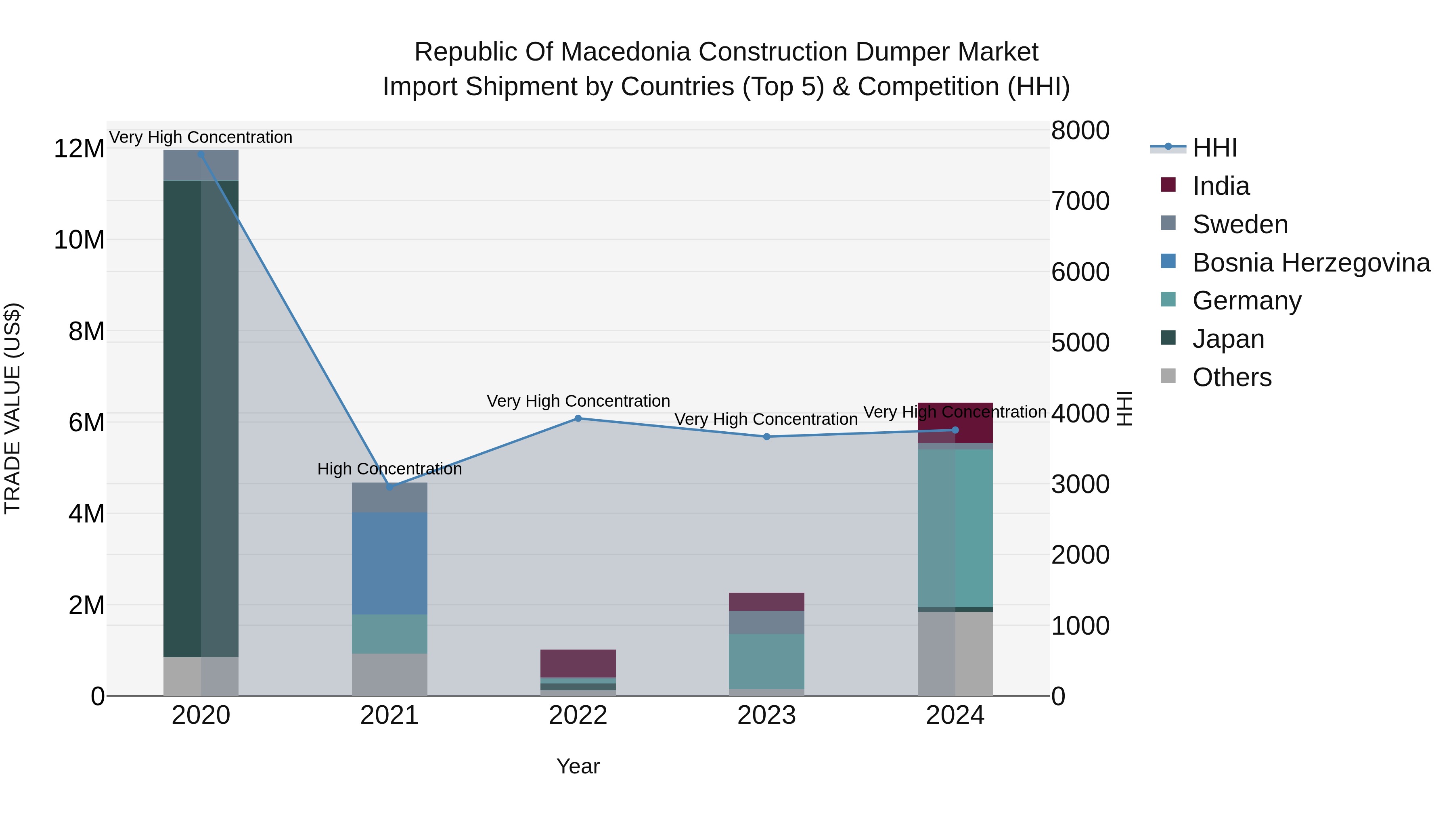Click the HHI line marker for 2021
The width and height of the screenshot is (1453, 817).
tap(389, 487)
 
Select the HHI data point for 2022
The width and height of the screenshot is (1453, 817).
tap(578, 418)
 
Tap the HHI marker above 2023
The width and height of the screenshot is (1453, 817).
tap(766, 437)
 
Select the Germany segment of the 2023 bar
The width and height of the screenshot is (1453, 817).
tap(766, 661)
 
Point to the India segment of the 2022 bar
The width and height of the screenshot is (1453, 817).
tap(578, 663)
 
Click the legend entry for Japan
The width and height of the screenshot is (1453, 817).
tap(1228, 339)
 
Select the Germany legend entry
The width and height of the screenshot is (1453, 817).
tap(1247, 301)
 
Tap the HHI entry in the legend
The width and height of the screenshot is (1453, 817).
tap(1214, 148)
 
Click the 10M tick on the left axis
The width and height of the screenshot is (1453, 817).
tap(79, 240)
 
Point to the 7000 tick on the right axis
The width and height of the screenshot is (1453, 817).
tap(1080, 201)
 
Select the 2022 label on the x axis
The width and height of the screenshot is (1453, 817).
tap(578, 715)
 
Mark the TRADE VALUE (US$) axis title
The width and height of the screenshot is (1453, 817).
tap(13, 408)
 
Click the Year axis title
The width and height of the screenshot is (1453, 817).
tap(578, 766)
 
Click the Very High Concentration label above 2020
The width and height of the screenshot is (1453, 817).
tap(201, 137)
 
